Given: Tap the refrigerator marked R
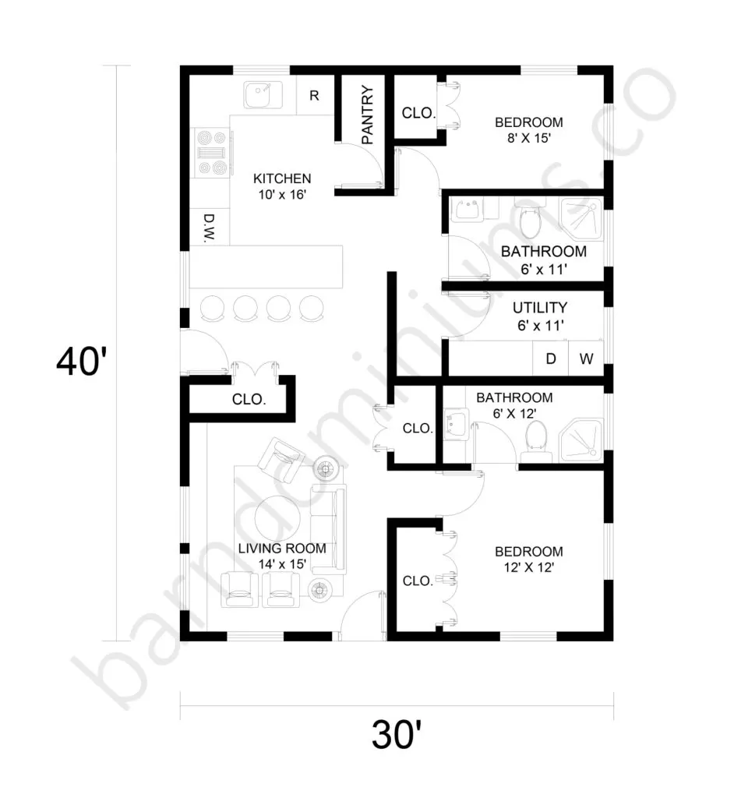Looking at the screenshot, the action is point(314,96).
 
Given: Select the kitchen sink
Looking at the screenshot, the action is point(263,94).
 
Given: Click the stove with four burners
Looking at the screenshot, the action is point(213,153).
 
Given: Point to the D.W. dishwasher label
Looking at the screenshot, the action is point(209,228).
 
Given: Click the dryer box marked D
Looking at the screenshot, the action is point(550,358).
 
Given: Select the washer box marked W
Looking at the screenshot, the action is point(586,358).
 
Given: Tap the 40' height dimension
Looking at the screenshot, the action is point(82,362).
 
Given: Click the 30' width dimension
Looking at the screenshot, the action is point(397,735).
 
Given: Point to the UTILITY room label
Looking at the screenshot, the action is point(539,308).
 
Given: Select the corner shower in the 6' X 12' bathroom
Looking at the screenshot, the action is point(581,440).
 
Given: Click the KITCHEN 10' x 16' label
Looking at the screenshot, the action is point(282,186).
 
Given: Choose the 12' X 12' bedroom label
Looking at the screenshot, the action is point(529,560).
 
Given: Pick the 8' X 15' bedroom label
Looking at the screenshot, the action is point(529,130).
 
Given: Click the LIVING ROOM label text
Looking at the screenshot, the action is point(282,549).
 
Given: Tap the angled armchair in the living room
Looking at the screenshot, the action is point(281,460).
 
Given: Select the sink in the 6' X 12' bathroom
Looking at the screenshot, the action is point(456,424).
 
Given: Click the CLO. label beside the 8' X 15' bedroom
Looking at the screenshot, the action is point(418,113).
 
